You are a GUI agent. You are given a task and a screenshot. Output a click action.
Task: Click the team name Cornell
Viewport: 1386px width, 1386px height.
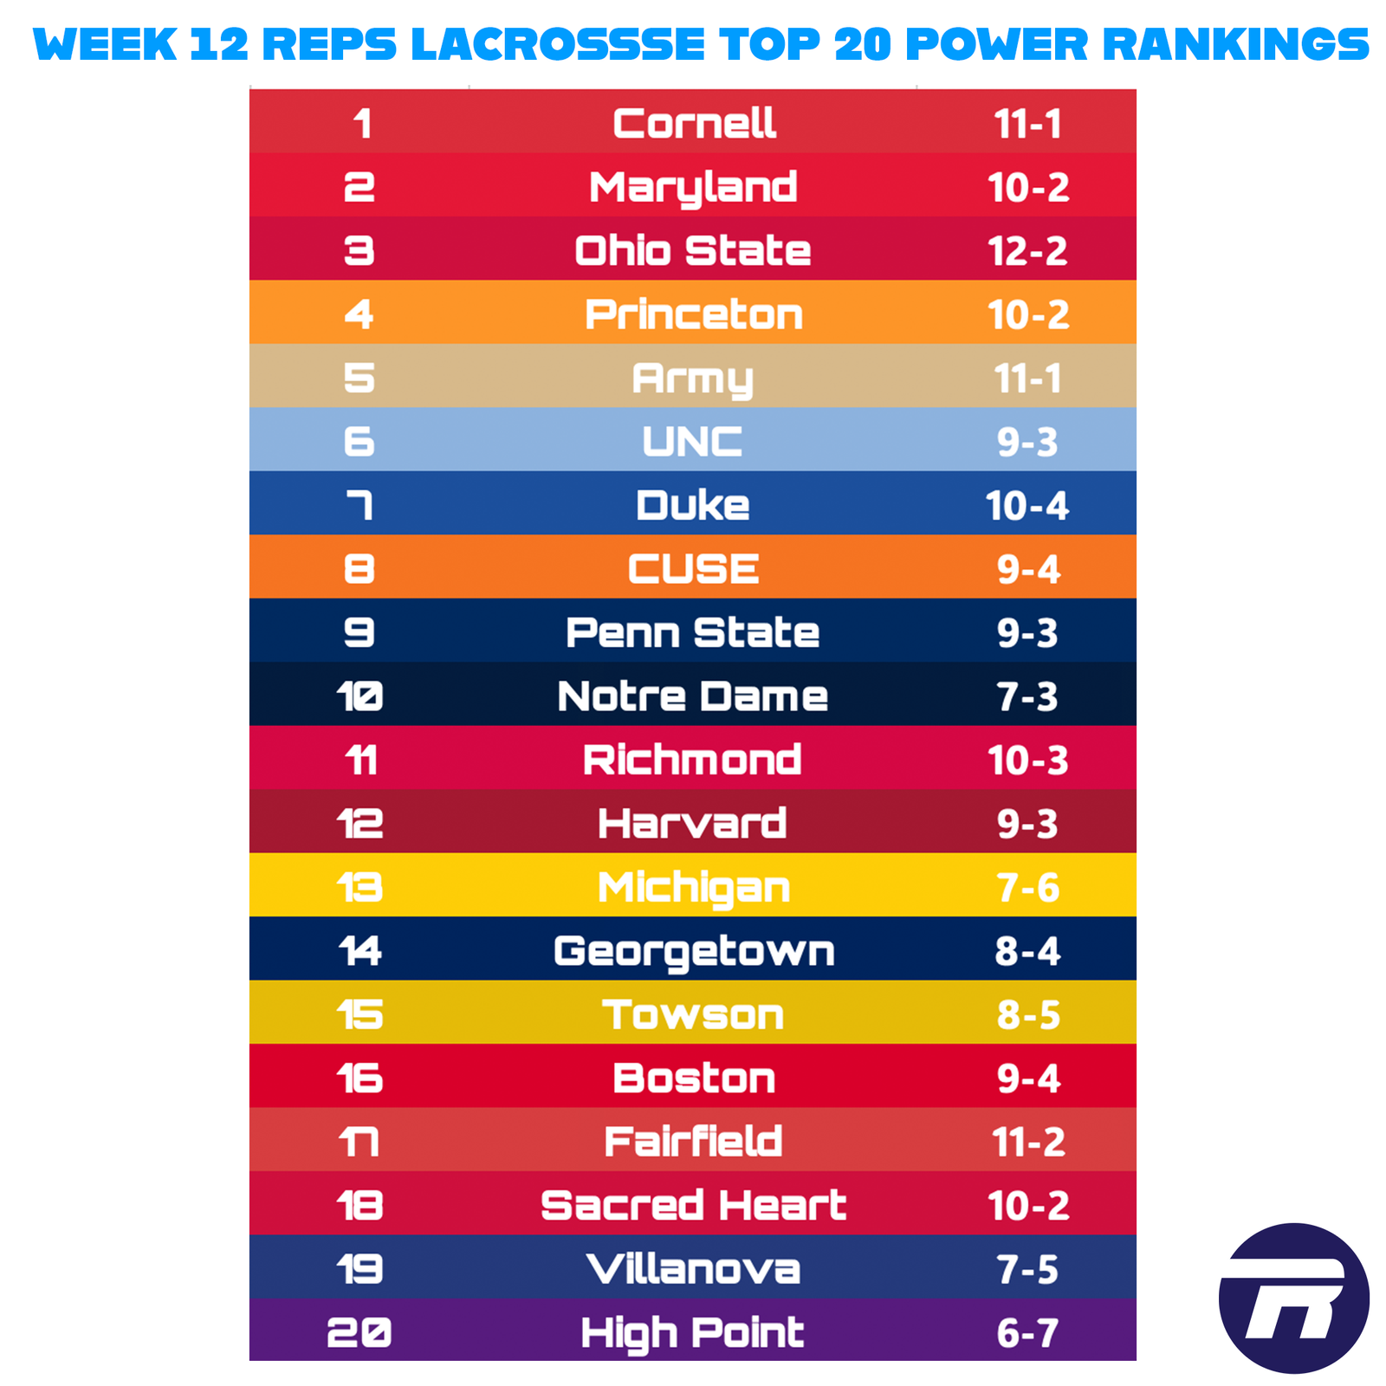coord(694,123)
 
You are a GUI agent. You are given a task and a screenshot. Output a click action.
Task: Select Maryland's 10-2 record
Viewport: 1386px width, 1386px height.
coord(1028,187)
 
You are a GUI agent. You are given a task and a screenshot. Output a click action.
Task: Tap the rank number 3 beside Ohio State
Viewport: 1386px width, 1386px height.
coord(359,250)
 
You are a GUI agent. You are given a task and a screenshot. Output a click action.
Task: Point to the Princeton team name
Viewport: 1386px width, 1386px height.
coord(694,314)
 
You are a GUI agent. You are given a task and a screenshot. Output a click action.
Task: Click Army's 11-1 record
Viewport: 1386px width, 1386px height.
coord(1028,378)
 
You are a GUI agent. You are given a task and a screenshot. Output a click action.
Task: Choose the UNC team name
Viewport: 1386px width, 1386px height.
coord(692,442)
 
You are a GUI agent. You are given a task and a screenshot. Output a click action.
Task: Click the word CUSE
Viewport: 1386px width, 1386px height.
coord(693,569)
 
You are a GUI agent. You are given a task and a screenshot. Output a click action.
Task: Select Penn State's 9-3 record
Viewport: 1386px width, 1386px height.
coord(1028,632)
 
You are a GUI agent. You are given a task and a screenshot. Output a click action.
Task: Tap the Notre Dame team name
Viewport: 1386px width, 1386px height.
coord(693,696)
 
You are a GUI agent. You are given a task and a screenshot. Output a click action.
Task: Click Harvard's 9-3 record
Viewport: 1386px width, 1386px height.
coord(1028,824)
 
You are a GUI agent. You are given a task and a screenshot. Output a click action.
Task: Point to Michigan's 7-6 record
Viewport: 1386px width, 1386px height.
coord(1028,887)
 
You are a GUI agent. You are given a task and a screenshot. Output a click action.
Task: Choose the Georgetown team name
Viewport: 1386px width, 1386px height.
coord(694,951)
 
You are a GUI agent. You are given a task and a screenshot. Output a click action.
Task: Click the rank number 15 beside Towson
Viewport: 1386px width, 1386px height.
coord(360,1014)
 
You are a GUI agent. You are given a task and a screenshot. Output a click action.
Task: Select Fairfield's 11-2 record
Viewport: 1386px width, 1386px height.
coord(1028,1142)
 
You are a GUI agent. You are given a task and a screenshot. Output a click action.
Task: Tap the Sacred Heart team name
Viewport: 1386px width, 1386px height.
coord(693,1205)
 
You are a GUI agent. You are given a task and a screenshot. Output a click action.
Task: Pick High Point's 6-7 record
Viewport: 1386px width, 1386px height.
coord(1028,1332)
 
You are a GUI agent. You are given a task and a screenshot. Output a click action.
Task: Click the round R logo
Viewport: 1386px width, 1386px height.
coord(1293,1298)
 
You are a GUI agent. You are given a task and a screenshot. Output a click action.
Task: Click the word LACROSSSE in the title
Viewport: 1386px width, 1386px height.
coord(558,44)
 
